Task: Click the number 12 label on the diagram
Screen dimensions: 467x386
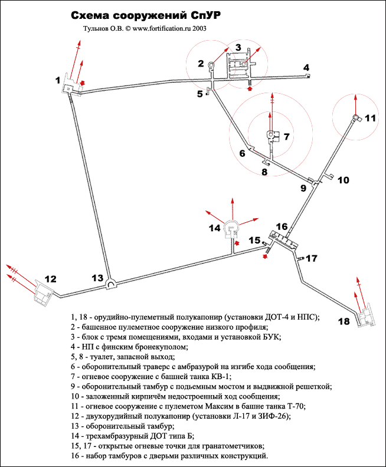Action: click(x=51, y=278)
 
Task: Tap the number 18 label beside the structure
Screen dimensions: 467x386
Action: click(x=343, y=321)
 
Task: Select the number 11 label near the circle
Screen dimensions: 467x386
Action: click(x=369, y=118)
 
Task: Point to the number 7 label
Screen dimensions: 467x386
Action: click(x=286, y=137)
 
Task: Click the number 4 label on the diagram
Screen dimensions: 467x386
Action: click(x=306, y=68)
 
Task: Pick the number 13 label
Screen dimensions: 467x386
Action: click(x=97, y=278)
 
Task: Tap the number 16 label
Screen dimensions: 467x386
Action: click(x=282, y=226)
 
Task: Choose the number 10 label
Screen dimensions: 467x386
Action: click(x=343, y=180)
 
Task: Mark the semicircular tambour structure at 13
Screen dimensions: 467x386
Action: click(x=110, y=284)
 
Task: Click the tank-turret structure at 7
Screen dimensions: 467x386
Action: click(x=271, y=136)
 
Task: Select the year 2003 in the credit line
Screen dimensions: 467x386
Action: click(x=198, y=27)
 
